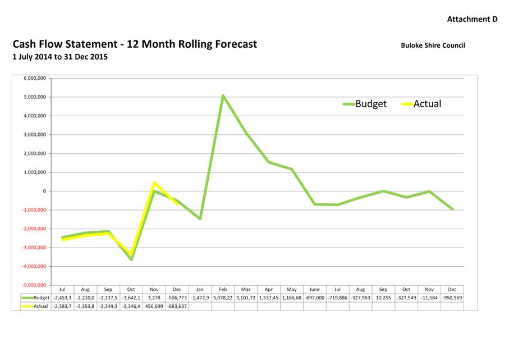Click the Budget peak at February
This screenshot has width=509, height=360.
223,96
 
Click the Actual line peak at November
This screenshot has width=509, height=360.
154,183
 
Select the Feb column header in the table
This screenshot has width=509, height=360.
223,289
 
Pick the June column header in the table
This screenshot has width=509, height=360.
315,289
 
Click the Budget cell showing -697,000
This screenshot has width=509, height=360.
315,298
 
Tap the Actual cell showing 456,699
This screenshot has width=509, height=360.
154,306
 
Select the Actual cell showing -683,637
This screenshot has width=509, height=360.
177,306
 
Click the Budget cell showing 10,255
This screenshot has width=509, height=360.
383,298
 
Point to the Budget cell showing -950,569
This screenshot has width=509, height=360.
452,298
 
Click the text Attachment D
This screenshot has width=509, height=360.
472,19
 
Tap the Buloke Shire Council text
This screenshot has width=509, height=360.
433,45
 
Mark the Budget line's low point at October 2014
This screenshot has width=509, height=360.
131,259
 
